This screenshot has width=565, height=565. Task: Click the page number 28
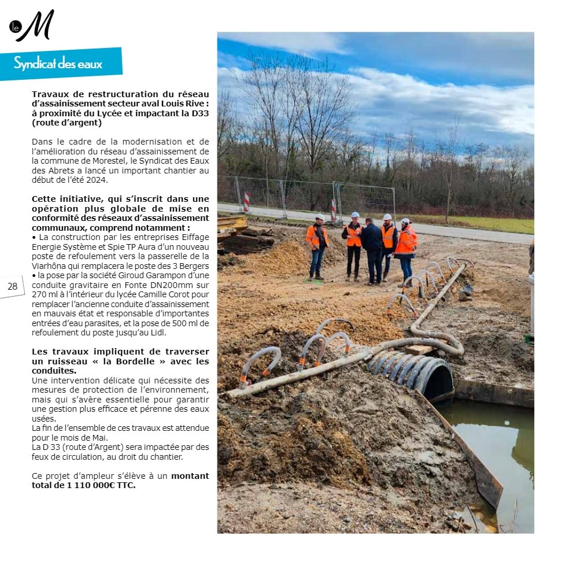pyautogui.click(x=12, y=286)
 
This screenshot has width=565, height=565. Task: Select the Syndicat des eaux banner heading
pyautogui.click(x=58, y=64)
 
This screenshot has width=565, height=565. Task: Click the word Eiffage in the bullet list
pyautogui.click(x=194, y=237)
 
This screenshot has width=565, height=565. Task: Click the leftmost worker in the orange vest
pyautogui.click(x=317, y=246)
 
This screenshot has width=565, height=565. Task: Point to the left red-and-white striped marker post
pyautogui.click(x=246, y=202)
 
